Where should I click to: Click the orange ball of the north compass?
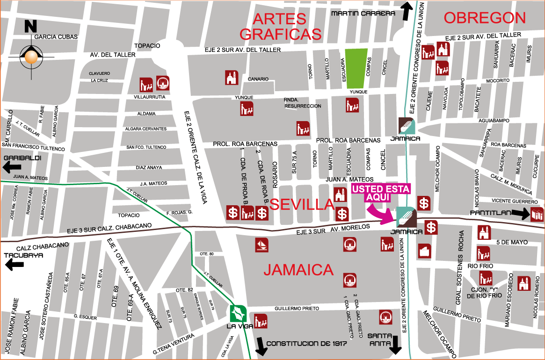[31, 57]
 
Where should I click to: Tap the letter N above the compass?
[30, 26]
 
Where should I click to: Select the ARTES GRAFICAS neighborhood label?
[281, 26]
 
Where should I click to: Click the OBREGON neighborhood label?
[485, 18]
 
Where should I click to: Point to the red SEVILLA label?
[302, 204]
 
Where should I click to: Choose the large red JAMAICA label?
[298, 270]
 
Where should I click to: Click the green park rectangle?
[356, 68]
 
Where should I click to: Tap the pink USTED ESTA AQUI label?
[381, 193]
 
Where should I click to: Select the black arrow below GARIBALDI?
[12, 167]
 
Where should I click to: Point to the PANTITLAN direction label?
[490, 213]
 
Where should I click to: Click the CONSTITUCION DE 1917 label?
[306, 344]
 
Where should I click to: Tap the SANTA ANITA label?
[379, 339]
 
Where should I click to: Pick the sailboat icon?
[262, 245]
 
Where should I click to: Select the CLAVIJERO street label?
[99, 74]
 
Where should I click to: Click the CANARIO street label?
[259, 79]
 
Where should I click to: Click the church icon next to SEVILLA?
[340, 194]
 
